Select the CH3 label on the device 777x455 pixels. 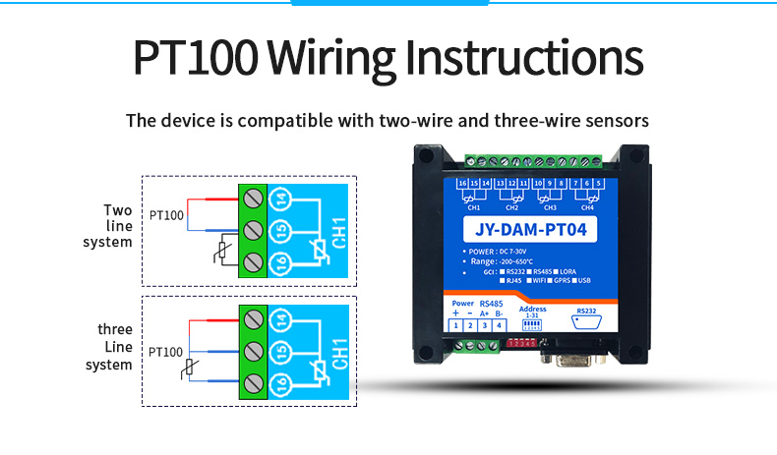tap(549, 208)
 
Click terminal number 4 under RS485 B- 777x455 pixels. tap(499, 325)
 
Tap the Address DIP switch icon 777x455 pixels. tap(530, 324)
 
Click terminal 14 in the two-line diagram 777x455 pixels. tap(280, 199)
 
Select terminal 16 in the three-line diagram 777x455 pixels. tap(280, 383)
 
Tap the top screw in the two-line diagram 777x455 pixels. tap(253, 199)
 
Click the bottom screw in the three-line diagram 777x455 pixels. tap(253, 383)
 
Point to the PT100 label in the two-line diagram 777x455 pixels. tap(165, 214)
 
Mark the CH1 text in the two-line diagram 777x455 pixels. tap(337, 233)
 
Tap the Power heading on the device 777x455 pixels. tap(462, 303)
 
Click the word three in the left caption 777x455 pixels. tap(114, 329)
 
